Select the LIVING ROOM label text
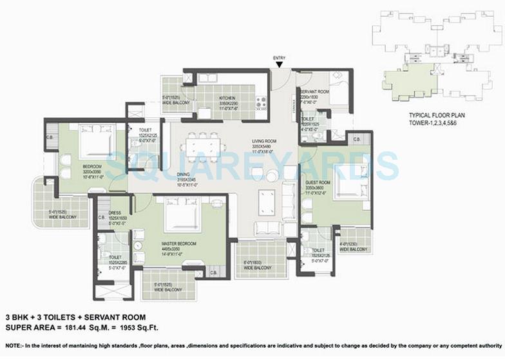click(264, 141)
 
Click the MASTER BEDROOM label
click(178, 243)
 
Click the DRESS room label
click(116, 211)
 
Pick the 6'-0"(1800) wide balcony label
click(256, 265)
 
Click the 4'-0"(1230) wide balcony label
click(353, 246)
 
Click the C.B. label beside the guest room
click(357, 139)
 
